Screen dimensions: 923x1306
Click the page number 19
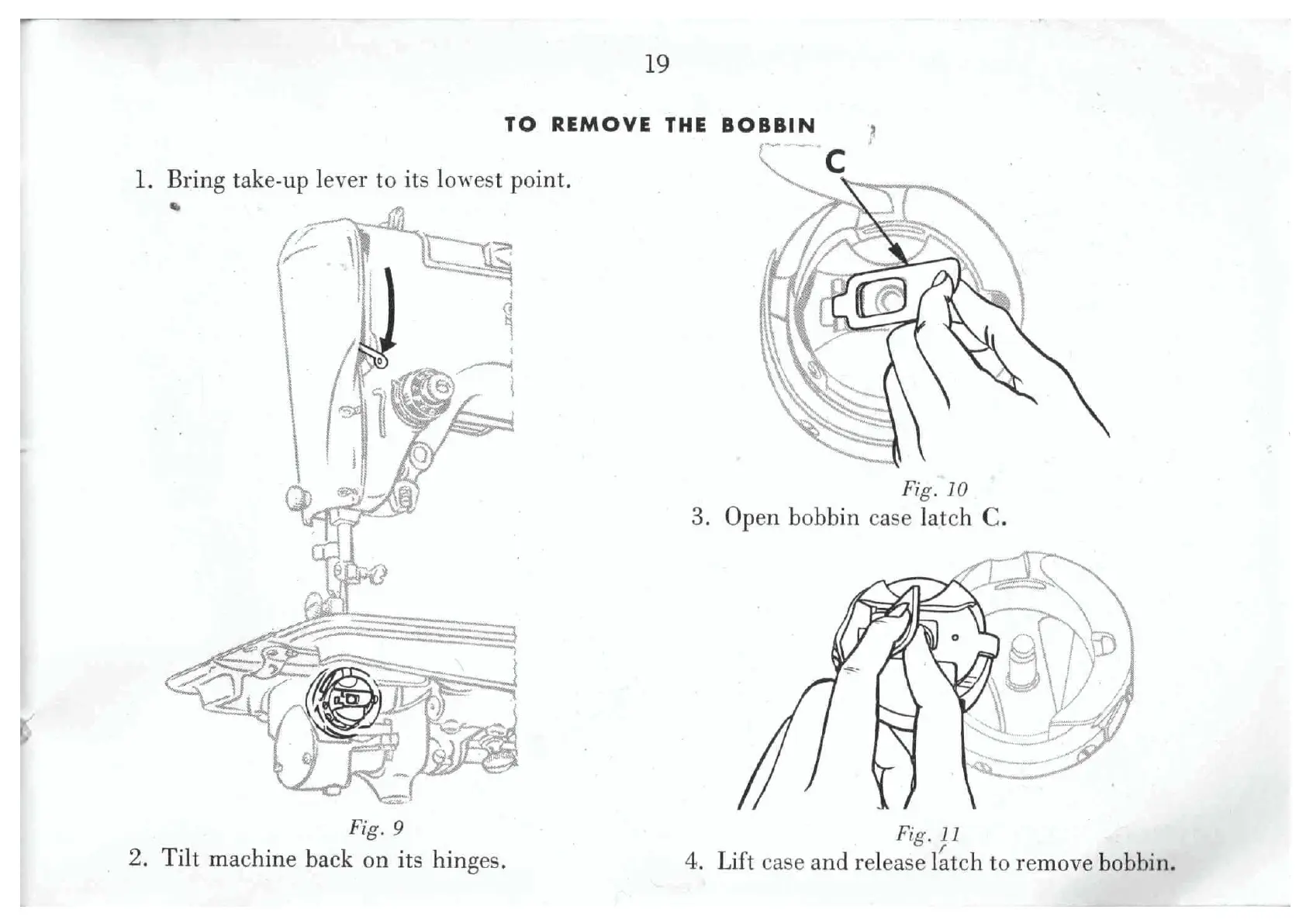tap(656, 64)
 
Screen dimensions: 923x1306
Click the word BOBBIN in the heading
tap(768, 125)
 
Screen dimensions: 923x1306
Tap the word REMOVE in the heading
tap(601, 125)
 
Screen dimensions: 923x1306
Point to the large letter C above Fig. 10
tap(835, 162)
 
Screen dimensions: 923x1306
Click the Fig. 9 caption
tap(376, 828)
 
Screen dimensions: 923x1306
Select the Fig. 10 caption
tap(934, 489)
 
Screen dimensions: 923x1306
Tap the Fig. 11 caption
tap(928, 834)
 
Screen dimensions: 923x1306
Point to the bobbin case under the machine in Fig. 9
tap(344, 700)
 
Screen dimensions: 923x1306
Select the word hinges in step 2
tap(468, 860)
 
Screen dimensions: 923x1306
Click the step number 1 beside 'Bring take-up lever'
tap(142, 180)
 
